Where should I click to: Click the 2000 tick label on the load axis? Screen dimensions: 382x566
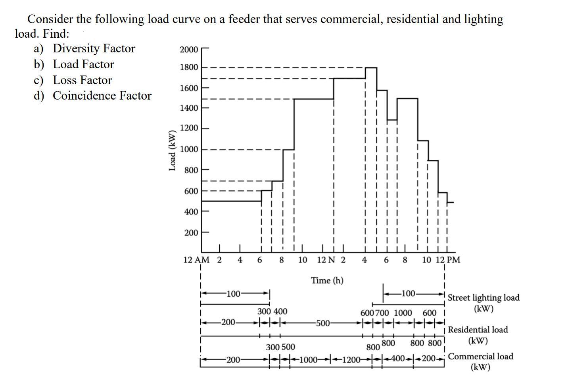pos(188,50)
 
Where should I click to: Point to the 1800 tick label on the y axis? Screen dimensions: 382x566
pos(188,67)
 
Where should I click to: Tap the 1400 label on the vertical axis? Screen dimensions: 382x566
pos(188,108)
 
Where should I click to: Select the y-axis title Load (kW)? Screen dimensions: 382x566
pos(172,150)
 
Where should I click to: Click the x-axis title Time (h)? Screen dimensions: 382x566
pos(327,280)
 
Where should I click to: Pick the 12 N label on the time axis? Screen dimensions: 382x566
pos(326,260)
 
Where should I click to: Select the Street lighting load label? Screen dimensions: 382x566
pos(483,298)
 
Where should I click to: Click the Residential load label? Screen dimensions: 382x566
pos(478,330)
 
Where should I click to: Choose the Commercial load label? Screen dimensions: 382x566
pos(480,356)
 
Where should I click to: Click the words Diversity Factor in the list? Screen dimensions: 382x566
pos(94,48)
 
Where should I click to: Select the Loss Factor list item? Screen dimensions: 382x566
pos(83,80)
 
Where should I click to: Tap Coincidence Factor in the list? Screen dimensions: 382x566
pos(102,96)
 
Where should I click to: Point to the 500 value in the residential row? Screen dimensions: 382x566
pos(323,323)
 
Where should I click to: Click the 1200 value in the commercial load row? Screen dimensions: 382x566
pos(351,360)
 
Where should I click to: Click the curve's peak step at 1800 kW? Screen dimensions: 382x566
pos(371,68)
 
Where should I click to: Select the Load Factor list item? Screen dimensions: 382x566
pos(83,64)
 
